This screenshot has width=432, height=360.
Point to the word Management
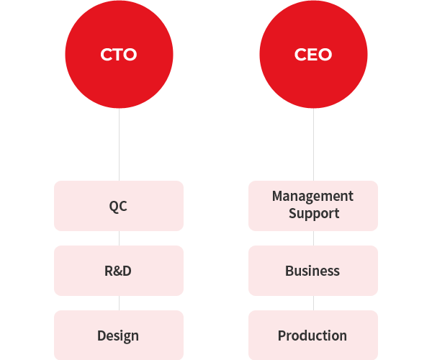click(x=312, y=196)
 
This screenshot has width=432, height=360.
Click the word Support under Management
click(x=314, y=213)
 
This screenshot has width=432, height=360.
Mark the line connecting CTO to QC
click(x=119, y=144)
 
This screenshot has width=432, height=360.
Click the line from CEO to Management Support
click(x=313, y=144)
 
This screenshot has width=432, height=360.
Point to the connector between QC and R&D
click(x=119, y=238)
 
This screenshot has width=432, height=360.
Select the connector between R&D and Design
click(x=119, y=302)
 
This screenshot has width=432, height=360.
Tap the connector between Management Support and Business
click(x=313, y=238)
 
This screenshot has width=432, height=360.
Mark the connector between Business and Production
click(x=313, y=302)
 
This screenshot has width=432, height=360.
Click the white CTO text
click(x=119, y=55)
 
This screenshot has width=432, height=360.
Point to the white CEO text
click(x=313, y=55)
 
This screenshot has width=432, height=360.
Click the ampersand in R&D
click(x=118, y=271)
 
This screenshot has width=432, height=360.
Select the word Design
click(x=118, y=336)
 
